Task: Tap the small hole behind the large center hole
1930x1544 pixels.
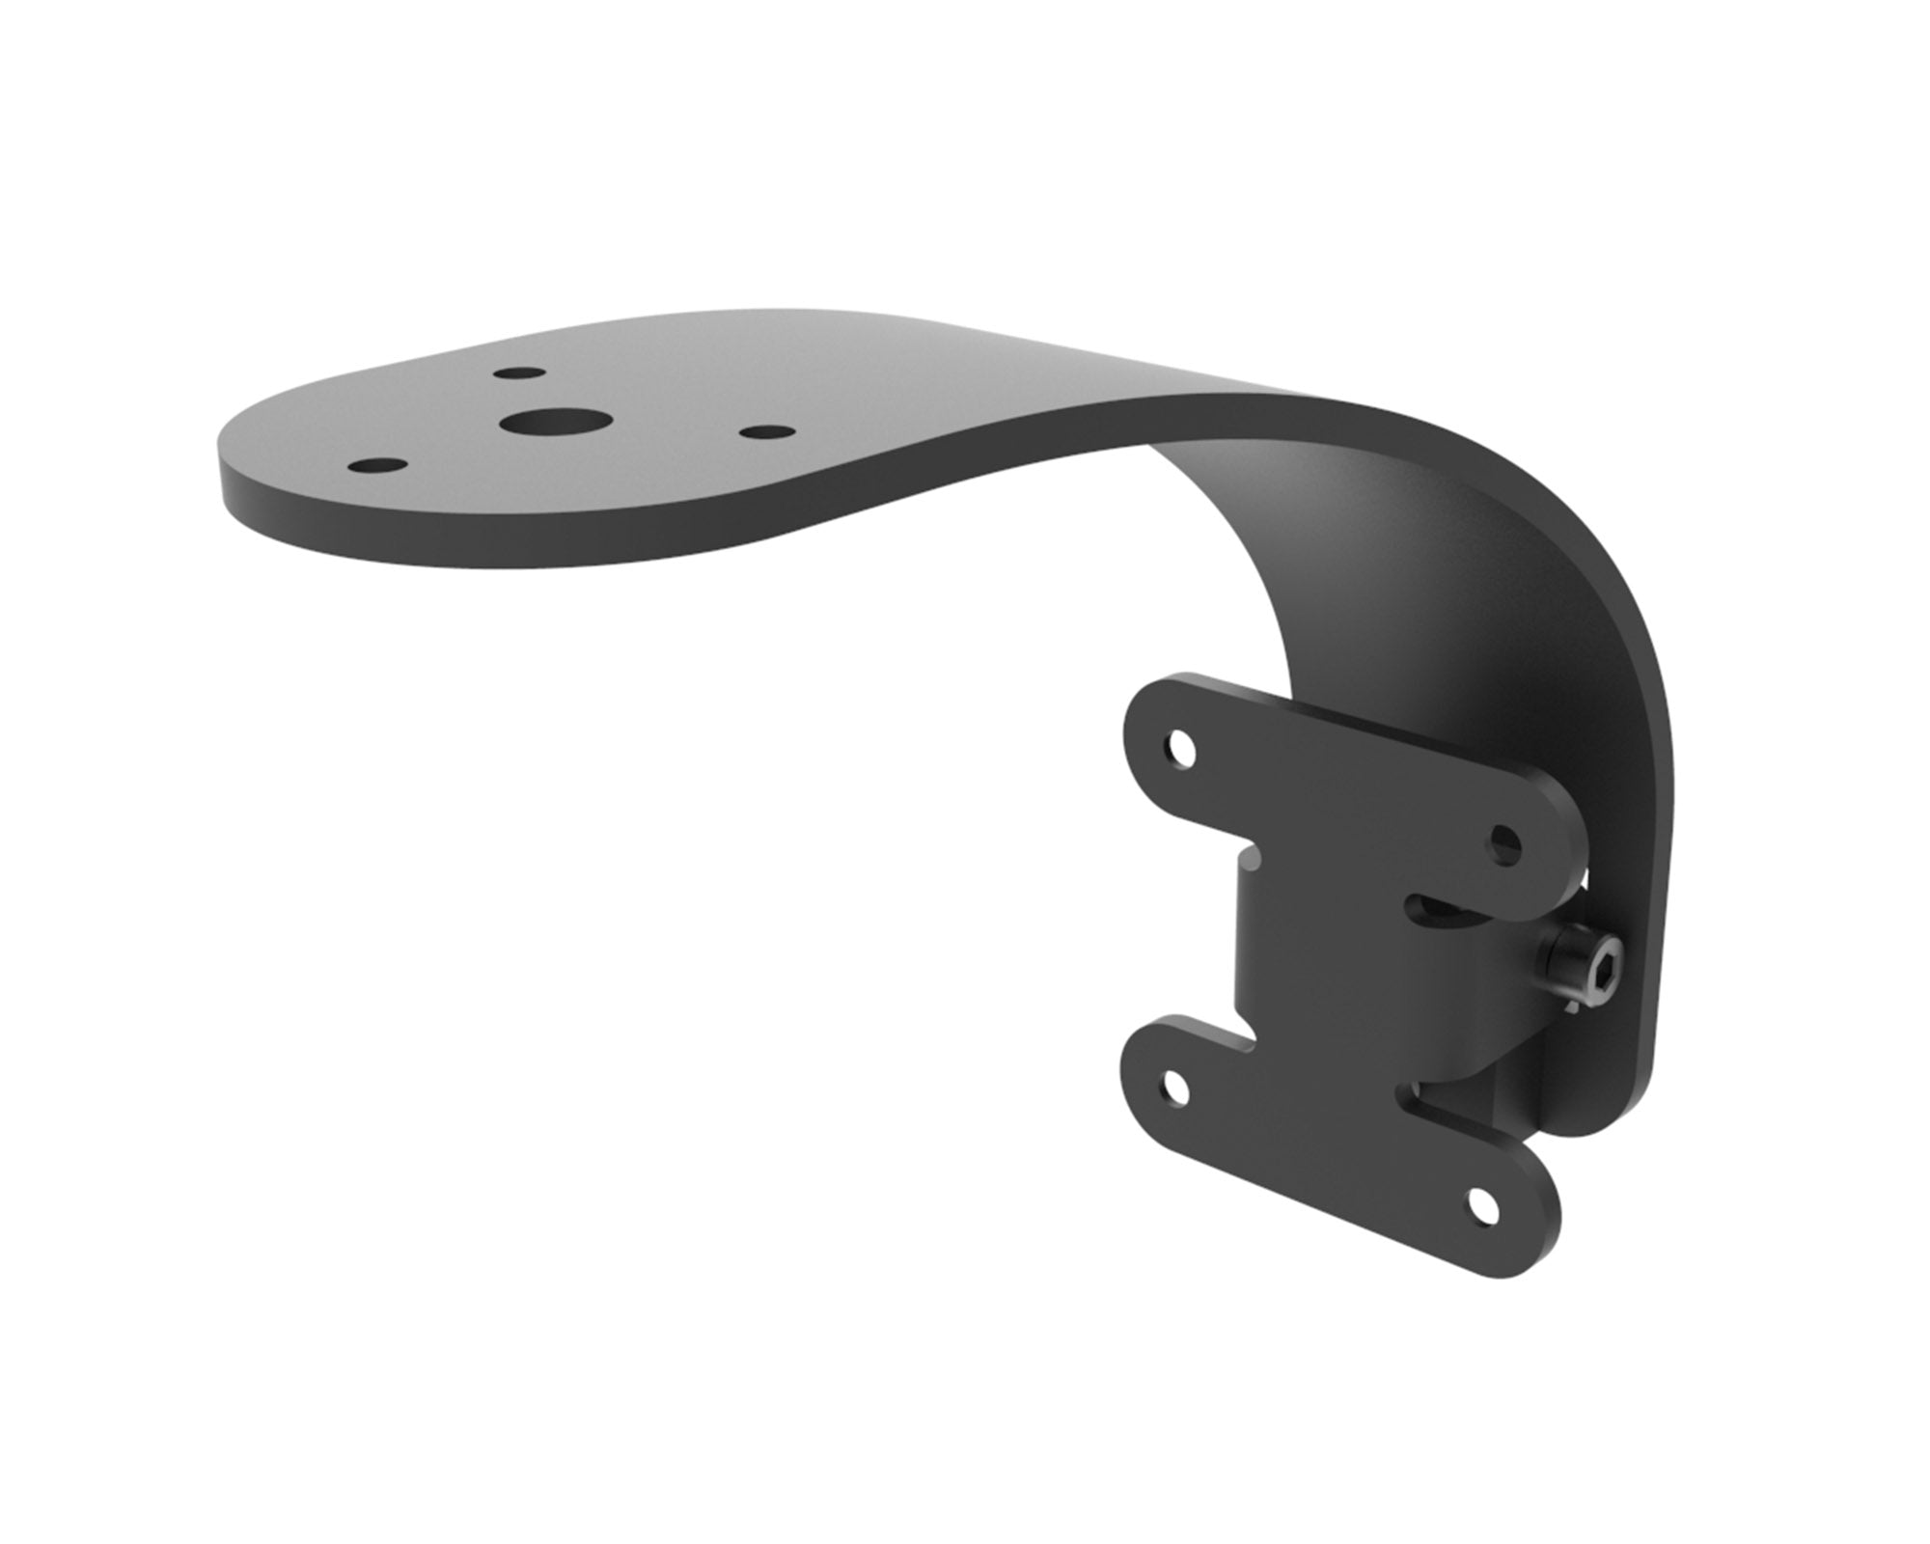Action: click(x=516, y=372)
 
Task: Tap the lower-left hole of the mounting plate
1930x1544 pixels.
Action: click(x=1176, y=1089)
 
